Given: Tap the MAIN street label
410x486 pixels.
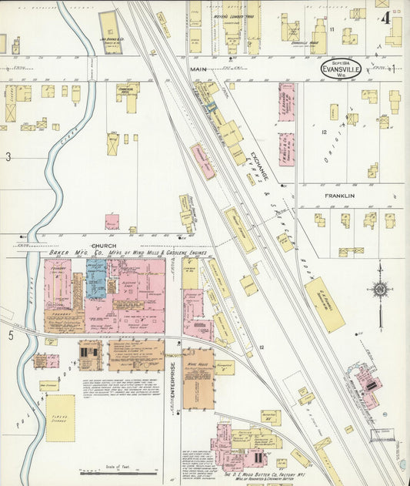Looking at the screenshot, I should pos(199,69).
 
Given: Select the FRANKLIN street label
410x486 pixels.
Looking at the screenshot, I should pos(338,196).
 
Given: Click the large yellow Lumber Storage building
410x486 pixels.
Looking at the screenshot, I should pos(60,417).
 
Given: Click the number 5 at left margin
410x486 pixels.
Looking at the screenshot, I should pos(11,335).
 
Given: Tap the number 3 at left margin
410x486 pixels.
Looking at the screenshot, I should pos(8,157).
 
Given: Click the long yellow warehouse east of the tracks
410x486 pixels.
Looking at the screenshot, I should pos(325,304).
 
